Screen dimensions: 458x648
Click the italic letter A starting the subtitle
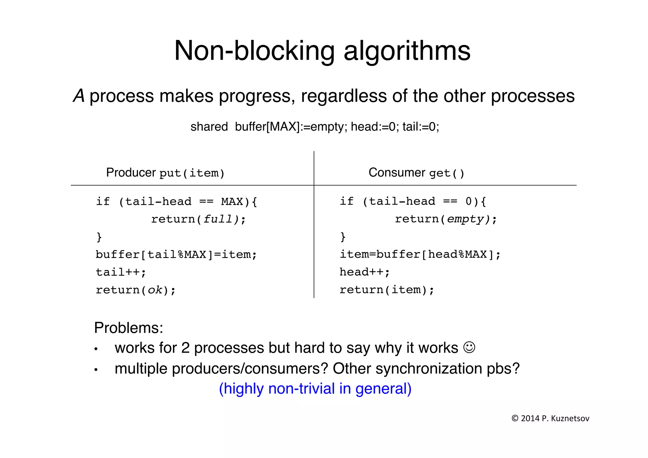(79, 96)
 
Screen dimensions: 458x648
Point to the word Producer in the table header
(131, 173)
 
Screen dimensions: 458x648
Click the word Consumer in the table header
(396, 173)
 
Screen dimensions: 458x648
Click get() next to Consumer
(446, 173)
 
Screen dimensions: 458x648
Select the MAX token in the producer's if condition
(232, 202)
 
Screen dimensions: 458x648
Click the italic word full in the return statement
(218, 219)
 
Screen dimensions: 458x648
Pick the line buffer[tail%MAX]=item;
(176, 254)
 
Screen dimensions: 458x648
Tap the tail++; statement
(121, 272)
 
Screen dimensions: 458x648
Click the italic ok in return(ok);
(155, 290)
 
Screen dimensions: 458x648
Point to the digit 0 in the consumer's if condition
(469, 201)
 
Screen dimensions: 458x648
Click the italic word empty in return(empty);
(465, 219)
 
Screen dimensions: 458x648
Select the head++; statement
(364, 272)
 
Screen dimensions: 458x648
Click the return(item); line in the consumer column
(387, 290)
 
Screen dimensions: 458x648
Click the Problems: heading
(128, 328)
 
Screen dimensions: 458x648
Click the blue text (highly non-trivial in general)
(315, 388)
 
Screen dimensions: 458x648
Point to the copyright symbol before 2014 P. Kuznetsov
(515, 418)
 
